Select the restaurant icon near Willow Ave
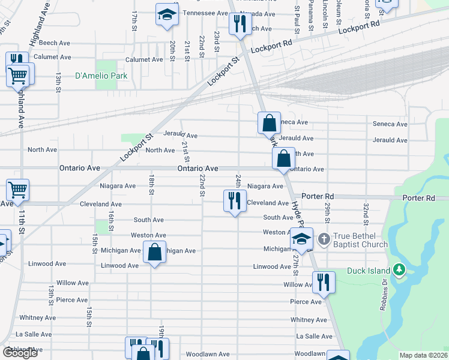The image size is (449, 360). (x=324, y=282)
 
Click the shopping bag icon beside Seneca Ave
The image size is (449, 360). (x=270, y=123)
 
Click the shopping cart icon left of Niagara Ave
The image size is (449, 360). (x=18, y=190)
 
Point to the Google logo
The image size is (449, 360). (x=20, y=353)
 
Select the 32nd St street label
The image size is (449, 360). (x=365, y=211)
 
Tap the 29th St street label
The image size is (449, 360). (x=328, y=211)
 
